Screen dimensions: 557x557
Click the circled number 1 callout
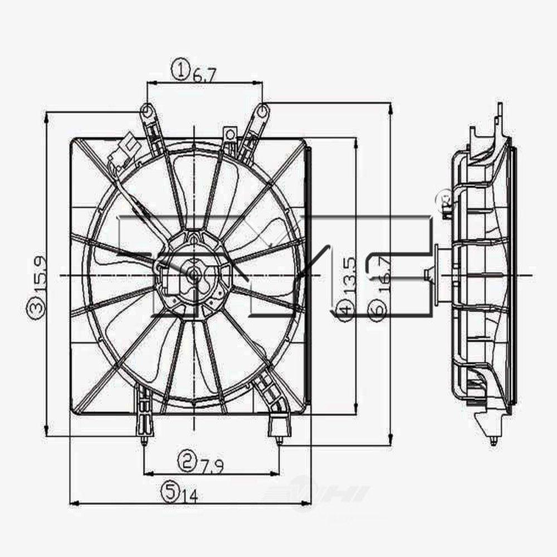coord(180,70)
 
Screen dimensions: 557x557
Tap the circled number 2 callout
coord(186,460)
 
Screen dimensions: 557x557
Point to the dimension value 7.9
coord(212,463)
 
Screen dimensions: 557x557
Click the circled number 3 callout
coord(35,308)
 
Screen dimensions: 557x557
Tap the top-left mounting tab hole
coord(146,111)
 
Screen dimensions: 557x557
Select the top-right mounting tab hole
coord(262,111)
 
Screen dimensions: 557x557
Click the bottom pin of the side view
coord(493,442)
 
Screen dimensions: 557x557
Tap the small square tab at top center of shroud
coord(229,134)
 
